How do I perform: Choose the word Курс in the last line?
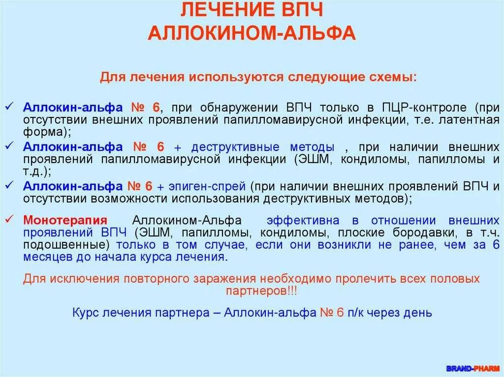coord(85,312)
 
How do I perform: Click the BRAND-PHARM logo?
coord(472,368)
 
